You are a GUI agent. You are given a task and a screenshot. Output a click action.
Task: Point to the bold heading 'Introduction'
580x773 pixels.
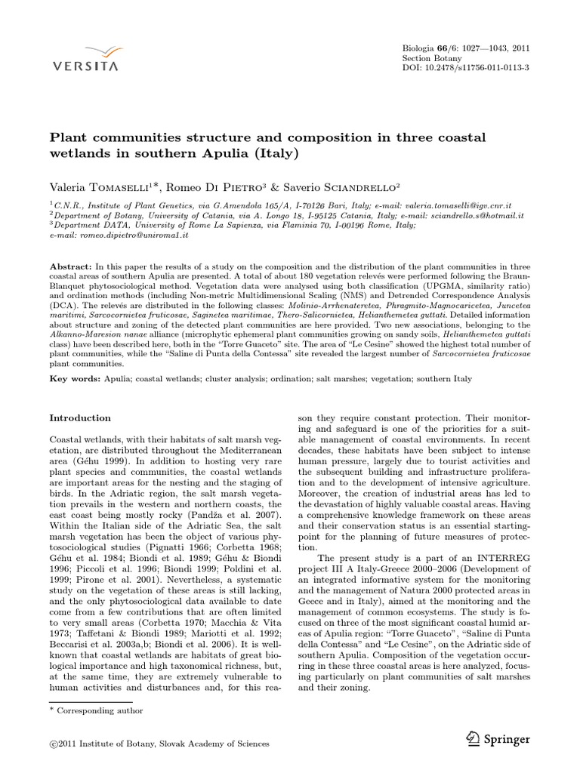(x=80, y=417)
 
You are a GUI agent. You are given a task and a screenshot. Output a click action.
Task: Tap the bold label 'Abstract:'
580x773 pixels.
(x=71, y=267)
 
